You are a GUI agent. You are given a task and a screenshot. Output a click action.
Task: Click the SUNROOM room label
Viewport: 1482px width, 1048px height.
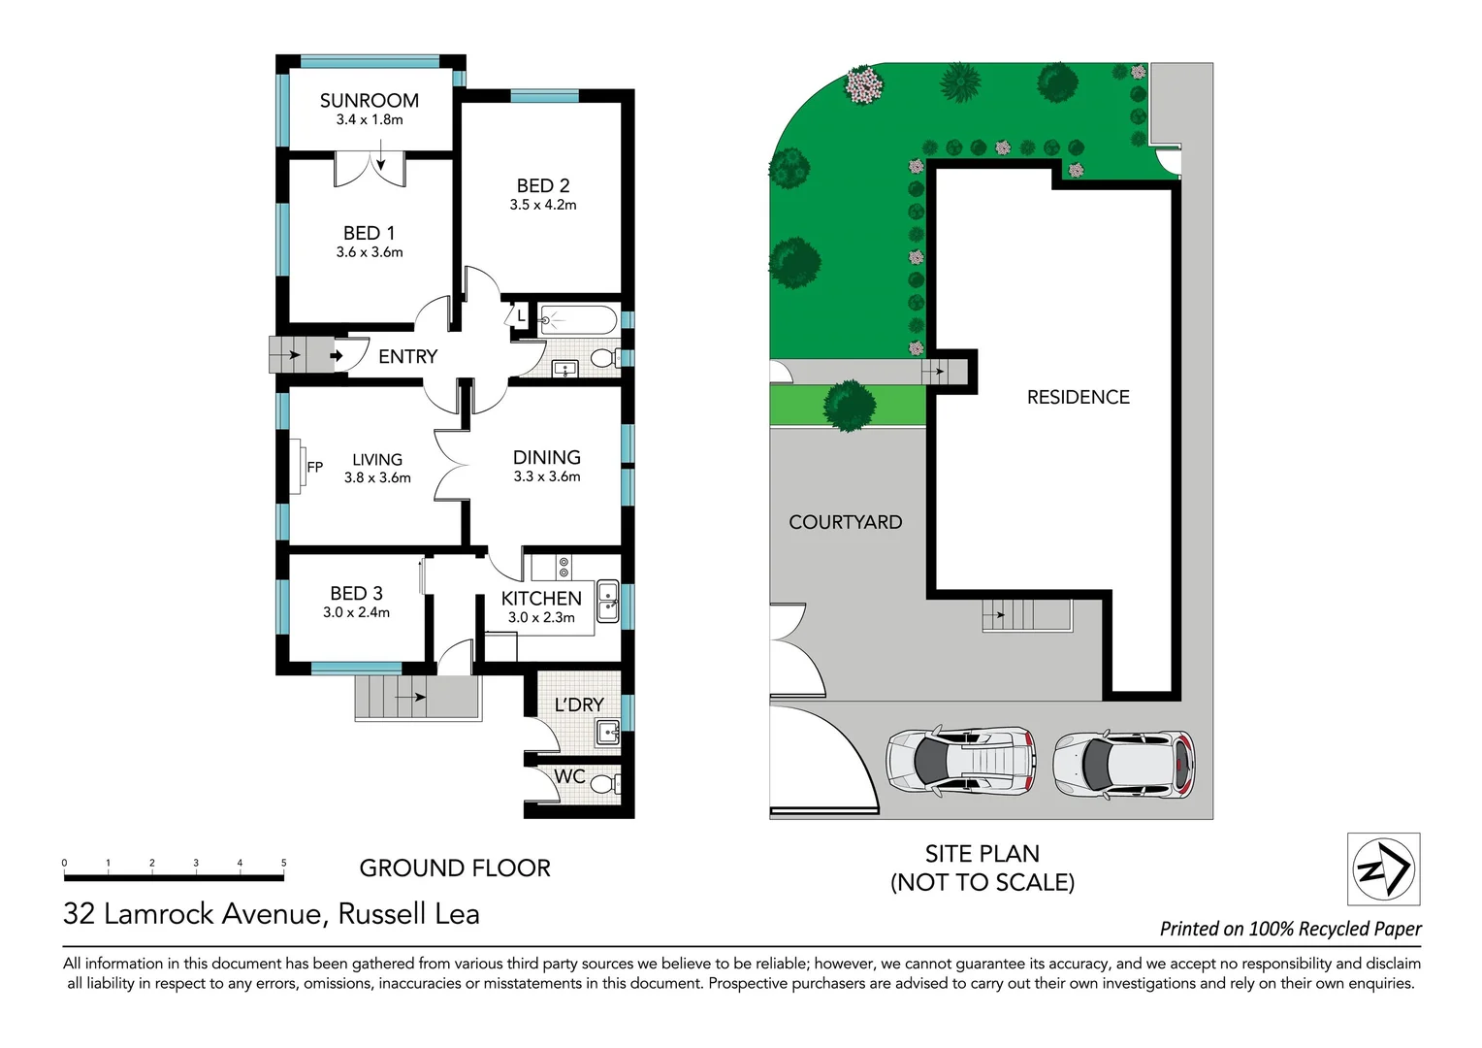pos(370,101)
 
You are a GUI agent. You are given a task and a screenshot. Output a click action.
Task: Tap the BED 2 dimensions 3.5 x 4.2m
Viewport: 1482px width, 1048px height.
pos(543,205)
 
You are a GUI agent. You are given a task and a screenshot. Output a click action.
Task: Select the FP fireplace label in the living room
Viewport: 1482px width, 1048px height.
pos(315,467)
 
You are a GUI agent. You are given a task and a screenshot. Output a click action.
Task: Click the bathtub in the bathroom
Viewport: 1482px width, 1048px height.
pos(578,319)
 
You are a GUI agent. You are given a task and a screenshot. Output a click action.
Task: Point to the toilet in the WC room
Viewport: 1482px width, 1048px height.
pos(603,783)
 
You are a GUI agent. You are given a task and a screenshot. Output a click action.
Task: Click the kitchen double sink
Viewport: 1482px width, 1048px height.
pos(607,601)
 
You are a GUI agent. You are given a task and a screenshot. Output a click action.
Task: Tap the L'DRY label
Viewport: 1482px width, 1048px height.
pos(579,705)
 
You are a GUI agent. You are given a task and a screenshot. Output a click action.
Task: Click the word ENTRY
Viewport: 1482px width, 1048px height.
pos(407,357)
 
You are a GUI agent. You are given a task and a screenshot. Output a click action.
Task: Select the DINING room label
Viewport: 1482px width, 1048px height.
pos(547,457)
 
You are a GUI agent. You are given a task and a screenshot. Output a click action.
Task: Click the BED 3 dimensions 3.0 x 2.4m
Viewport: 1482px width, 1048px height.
pos(356,612)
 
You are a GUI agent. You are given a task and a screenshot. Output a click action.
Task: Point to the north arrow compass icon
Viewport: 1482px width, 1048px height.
pos(1384,869)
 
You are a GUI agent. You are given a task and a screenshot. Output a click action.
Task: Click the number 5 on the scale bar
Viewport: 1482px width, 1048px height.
pos(284,863)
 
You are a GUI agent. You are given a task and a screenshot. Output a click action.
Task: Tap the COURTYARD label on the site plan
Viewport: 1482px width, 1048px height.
pos(845,522)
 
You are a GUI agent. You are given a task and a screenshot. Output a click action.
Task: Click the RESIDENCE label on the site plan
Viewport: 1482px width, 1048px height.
pos(1078,397)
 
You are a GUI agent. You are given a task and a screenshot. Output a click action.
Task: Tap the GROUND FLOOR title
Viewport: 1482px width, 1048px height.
pos(455,868)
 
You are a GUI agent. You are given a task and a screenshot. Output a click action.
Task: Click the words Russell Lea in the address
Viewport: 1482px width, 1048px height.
pos(408,914)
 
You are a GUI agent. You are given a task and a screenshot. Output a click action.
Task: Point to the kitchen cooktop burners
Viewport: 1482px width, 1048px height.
pos(564,567)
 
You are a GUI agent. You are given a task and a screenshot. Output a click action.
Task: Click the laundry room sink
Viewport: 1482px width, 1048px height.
pos(607,733)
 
